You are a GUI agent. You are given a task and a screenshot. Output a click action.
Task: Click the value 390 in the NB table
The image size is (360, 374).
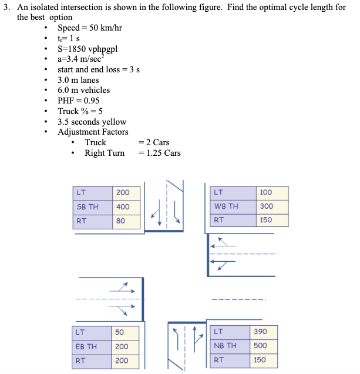[260, 332]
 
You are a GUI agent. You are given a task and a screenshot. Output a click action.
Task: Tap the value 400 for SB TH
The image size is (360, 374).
[123, 207]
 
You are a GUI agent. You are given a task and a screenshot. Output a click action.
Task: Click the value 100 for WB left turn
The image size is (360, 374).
[266, 192]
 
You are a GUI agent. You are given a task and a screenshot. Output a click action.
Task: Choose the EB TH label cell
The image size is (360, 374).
[89, 346]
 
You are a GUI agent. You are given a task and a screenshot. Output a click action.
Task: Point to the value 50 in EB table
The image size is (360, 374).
[120, 332]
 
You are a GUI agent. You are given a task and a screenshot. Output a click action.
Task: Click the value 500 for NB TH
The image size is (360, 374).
[260, 346]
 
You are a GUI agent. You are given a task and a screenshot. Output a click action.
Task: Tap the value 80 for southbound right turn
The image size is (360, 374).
[121, 221]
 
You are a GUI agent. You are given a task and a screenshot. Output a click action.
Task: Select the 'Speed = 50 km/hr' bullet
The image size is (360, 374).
[89, 28]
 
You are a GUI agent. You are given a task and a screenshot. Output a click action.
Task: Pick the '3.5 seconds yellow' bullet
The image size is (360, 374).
[92, 122]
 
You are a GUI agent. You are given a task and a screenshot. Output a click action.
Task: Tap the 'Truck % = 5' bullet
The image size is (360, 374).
[80, 111]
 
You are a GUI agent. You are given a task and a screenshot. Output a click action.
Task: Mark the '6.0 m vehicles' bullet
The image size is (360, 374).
[84, 90]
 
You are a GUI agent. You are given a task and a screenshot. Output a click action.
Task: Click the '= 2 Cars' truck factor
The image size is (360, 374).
[154, 142]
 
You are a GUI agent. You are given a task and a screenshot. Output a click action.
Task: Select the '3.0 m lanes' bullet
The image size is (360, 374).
[78, 80]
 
